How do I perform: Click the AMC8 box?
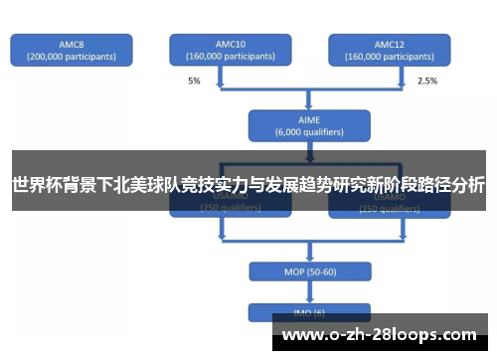pos(72,51)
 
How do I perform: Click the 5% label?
pos(194,80)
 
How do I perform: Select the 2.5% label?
pos(426,80)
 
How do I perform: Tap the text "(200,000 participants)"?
pos(72,57)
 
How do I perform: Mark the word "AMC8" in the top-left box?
pos(72,44)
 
